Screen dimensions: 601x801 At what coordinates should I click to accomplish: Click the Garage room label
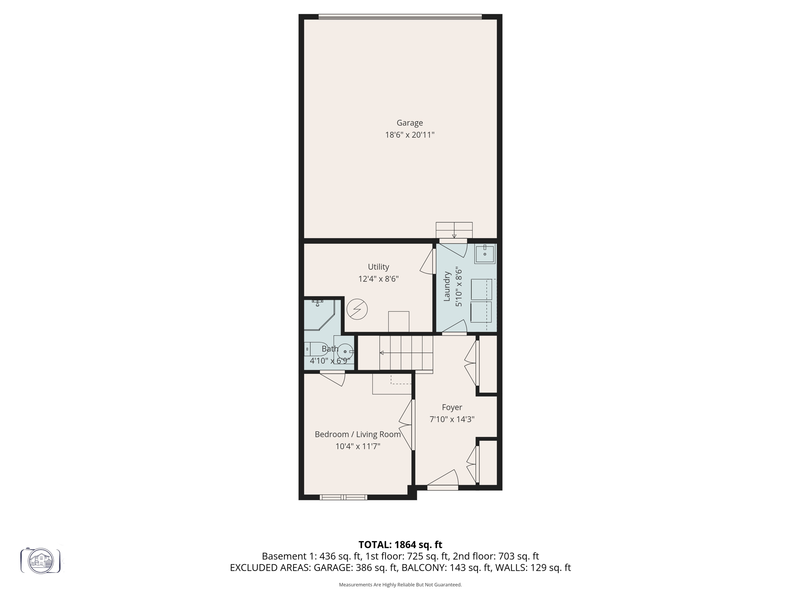[409, 123]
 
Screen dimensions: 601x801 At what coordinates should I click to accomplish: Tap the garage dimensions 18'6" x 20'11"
[409, 135]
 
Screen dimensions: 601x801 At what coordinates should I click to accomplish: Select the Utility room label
[378, 267]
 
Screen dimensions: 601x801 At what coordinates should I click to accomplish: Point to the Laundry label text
[447, 286]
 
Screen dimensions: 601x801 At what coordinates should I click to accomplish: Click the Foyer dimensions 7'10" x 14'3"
[452, 419]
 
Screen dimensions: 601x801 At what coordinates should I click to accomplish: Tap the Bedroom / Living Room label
[357, 434]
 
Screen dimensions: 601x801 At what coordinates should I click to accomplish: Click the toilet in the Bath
[315, 349]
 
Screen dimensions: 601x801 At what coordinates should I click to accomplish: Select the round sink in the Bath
[345, 351]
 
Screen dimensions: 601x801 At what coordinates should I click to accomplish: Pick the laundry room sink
[485, 254]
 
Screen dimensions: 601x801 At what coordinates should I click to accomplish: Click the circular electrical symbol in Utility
[357, 309]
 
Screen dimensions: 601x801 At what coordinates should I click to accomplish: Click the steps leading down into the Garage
[454, 230]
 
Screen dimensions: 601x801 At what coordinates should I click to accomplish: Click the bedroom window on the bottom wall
[343, 497]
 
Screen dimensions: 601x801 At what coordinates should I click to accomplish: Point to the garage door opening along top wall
[400, 17]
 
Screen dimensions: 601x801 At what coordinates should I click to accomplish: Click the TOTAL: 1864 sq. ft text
[400, 545]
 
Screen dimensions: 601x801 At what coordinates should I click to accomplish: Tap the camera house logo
[41, 561]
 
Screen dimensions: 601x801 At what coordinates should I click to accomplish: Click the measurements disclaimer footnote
[400, 585]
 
